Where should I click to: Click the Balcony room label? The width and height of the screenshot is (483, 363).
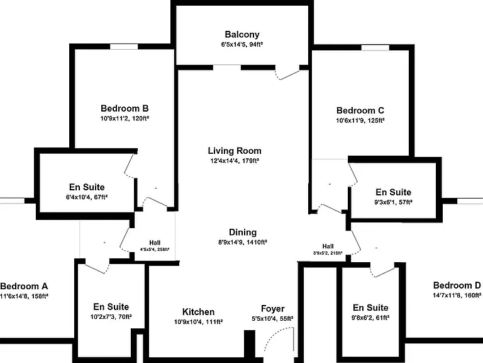tap(241, 35)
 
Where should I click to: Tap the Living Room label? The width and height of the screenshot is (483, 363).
tap(235, 151)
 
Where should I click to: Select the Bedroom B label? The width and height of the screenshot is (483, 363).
tap(125, 108)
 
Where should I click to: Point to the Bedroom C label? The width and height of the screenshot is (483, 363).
tap(360, 110)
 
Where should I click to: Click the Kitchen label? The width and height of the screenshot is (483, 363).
tap(198, 312)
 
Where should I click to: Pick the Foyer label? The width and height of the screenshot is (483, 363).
tap(272, 309)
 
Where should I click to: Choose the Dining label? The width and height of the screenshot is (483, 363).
tap(243, 232)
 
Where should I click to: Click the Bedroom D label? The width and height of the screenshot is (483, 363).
tap(457, 285)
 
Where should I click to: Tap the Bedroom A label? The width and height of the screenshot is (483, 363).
tap(24, 286)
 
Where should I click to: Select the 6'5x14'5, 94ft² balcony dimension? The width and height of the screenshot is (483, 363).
tap(241, 45)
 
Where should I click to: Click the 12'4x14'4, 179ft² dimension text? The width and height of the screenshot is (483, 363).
tap(235, 161)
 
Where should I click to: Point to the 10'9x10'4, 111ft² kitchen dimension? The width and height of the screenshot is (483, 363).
tap(198, 322)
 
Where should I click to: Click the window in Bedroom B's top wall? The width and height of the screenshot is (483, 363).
tap(124, 47)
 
